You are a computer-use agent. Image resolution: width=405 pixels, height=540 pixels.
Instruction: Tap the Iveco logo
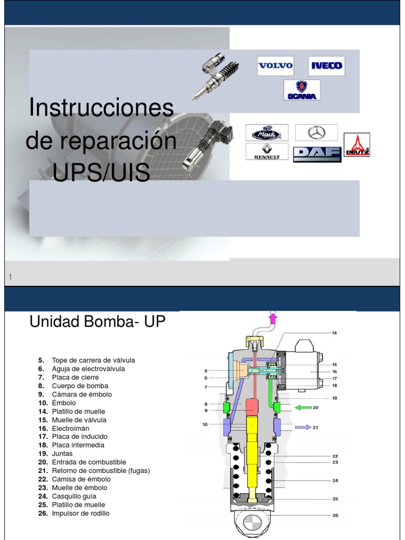[x=326, y=66]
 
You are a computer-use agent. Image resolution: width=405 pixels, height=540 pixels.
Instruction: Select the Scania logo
[x=302, y=90]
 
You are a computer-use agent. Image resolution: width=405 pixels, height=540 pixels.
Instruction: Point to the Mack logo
[x=267, y=133]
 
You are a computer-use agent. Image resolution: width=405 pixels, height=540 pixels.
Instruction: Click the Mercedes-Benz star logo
[x=316, y=132]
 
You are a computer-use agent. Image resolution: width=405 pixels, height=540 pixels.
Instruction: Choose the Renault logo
[x=267, y=152]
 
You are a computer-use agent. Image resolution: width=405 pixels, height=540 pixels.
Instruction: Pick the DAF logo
[x=317, y=152]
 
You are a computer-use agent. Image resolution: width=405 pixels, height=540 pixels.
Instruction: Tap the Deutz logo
[x=357, y=144]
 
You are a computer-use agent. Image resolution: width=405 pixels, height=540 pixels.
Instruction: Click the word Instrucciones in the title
[x=101, y=108]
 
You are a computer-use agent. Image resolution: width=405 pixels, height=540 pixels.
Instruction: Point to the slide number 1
[x=11, y=277]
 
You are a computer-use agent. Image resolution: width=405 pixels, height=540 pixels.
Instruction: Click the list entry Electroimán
[x=71, y=428]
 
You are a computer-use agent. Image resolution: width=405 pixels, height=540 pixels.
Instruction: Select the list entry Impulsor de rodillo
[x=81, y=513]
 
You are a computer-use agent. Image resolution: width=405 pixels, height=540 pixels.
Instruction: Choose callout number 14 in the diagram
[x=334, y=333]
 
